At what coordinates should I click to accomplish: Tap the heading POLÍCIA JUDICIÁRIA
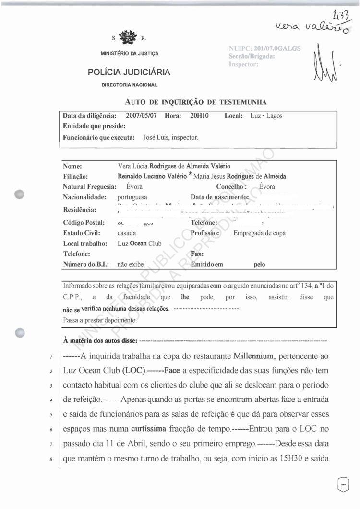tap(129, 73)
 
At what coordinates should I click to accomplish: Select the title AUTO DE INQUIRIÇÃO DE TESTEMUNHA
tap(195, 102)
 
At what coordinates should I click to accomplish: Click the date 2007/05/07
tap(142, 116)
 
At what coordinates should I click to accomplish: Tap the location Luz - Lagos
tap(266, 116)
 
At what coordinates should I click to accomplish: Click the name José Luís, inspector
tap(170, 137)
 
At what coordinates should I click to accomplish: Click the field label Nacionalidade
tap(84, 197)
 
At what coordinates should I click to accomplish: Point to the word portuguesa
tap(132, 197)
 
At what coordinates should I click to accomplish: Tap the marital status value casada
tap(127, 233)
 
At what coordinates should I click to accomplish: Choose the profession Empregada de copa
tap(259, 233)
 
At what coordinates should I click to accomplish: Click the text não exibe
tap(131, 264)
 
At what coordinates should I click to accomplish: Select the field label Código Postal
tap(84, 223)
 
